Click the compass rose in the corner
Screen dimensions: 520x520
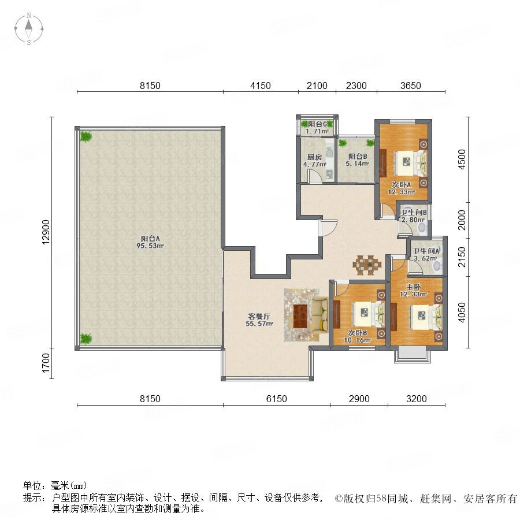point(29,29)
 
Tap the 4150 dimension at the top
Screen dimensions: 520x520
point(261,86)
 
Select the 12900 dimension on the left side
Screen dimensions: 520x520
point(46,232)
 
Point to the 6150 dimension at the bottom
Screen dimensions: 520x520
point(277,399)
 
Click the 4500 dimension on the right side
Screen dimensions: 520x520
point(462,159)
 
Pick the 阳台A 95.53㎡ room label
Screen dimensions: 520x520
point(150,242)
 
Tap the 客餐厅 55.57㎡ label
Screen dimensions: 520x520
point(259,320)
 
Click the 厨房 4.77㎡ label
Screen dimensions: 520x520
point(314,161)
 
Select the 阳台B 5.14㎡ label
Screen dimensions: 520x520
point(357,160)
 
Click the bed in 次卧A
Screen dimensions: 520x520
point(410,162)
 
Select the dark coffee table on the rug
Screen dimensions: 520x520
point(300,315)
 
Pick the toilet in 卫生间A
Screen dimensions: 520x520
point(438,265)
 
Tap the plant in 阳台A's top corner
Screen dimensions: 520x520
point(86,136)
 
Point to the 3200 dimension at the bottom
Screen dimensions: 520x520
point(416,399)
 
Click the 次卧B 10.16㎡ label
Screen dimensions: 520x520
point(357,336)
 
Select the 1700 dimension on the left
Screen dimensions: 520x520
point(46,363)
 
